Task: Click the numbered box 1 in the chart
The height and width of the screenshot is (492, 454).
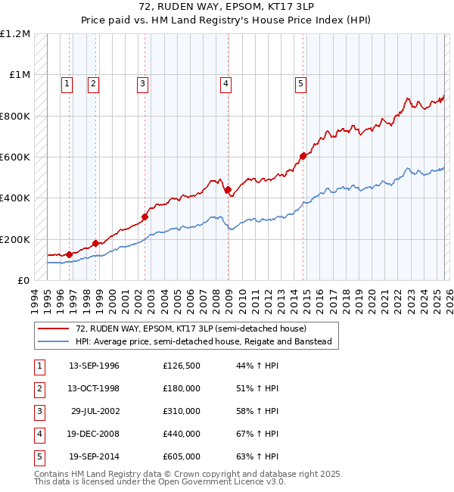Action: [67, 84]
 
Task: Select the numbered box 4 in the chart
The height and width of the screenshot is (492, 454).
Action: [225, 84]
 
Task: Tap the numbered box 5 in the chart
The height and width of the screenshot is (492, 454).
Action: [300, 84]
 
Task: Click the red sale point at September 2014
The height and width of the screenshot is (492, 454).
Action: [303, 156]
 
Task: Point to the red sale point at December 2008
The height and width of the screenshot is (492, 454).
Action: [229, 190]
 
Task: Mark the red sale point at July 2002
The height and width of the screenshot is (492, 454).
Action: [145, 216]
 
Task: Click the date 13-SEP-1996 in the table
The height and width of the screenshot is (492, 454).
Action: [94, 366]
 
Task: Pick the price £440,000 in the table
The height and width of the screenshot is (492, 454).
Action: [181, 434]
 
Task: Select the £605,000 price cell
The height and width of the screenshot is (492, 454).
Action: [181, 456]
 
